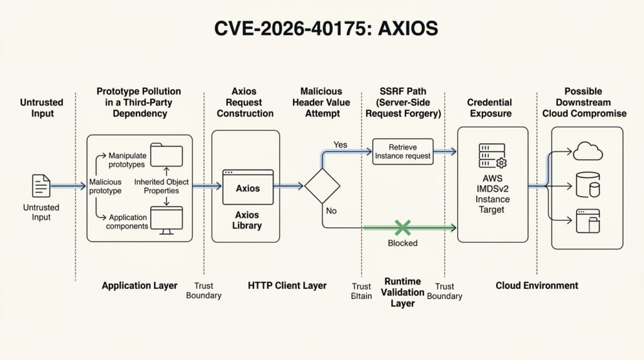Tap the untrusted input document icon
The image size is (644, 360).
click(x=41, y=186)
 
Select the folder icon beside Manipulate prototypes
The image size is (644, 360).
click(x=167, y=155)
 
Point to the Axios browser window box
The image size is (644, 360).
click(x=248, y=187)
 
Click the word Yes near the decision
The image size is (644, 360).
click(x=340, y=145)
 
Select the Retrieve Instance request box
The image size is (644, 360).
click(x=402, y=151)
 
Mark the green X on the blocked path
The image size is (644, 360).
click(x=402, y=228)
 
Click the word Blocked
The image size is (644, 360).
click(x=402, y=243)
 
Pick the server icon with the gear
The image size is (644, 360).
click(x=492, y=155)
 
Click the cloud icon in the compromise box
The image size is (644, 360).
click(x=588, y=152)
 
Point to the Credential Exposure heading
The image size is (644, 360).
click(x=489, y=108)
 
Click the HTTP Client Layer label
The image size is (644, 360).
click(x=287, y=286)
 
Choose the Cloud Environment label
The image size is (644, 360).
click(x=536, y=286)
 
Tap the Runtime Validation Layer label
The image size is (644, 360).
click(x=402, y=292)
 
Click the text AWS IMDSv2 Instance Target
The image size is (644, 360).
click(x=492, y=194)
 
